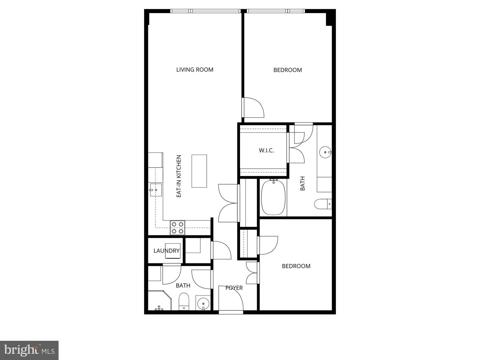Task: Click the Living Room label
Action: (x=195, y=70)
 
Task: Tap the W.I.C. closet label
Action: (x=266, y=150)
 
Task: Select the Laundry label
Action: (x=166, y=251)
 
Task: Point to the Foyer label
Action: (x=234, y=288)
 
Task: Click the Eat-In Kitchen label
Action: (x=179, y=176)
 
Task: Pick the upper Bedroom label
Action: (x=288, y=70)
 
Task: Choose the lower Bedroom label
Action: (x=296, y=266)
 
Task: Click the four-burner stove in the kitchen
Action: (x=178, y=228)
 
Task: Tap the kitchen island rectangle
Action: (x=199, y=171)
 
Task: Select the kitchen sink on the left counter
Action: (x=155, y=190)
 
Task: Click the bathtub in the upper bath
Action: (x=273, y=197)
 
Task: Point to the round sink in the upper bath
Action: (x=325, y=152)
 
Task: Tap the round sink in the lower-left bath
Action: (x=203, y=304)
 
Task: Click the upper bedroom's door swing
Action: (x=253, y=107)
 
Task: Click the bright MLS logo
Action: (x=29, y=350)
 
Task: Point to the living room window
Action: (x=205, y=11)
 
